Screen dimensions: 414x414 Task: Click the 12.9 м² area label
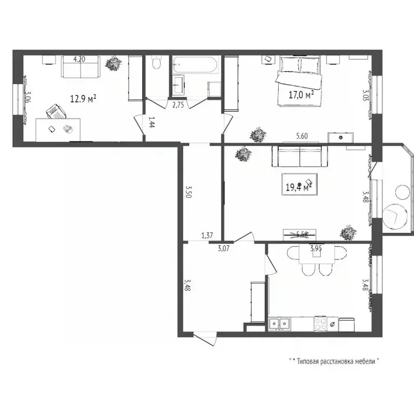84,99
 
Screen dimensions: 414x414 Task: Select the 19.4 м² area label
299,187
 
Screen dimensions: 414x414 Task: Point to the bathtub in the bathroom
195,67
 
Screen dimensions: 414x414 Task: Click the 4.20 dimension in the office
79,59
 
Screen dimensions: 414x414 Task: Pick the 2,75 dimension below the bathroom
178,105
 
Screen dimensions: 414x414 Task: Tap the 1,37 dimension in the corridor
207,235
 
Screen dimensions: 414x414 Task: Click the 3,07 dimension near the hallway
224,248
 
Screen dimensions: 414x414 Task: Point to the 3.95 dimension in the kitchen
316,249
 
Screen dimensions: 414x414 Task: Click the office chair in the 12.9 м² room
56,111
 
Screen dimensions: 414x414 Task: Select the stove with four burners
321,323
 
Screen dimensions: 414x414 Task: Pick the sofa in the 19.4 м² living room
299,156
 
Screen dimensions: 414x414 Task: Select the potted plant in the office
114,64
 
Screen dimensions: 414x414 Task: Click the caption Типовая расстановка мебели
334,361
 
